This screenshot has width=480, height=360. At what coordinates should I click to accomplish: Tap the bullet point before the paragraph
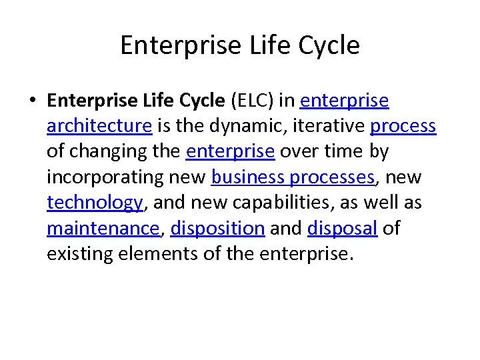(32, 101)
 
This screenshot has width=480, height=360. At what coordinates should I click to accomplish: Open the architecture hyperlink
(100, 126)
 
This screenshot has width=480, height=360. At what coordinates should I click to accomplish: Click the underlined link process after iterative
(403, 126)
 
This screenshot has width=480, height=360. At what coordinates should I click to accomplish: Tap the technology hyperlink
(95, 203)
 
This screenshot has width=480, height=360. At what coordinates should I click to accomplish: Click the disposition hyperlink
(218, 228)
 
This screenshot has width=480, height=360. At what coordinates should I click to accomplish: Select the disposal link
(343, 228)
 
